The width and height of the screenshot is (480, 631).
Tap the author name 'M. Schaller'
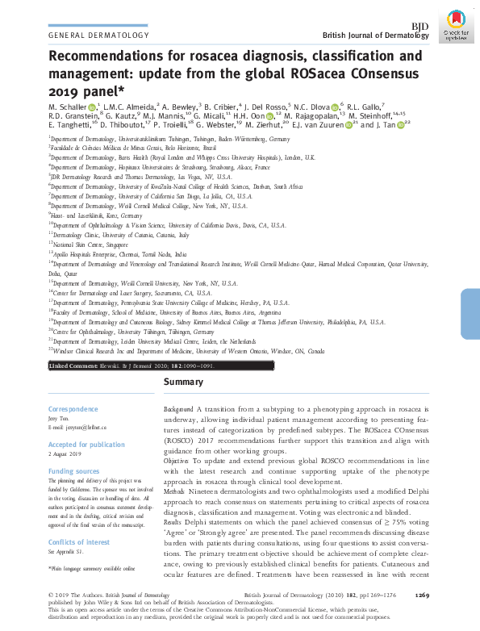pyautogui.click(x=68, y=107)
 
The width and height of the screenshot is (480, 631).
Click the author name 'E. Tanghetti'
pyautogui.click(x=69, y=127)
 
